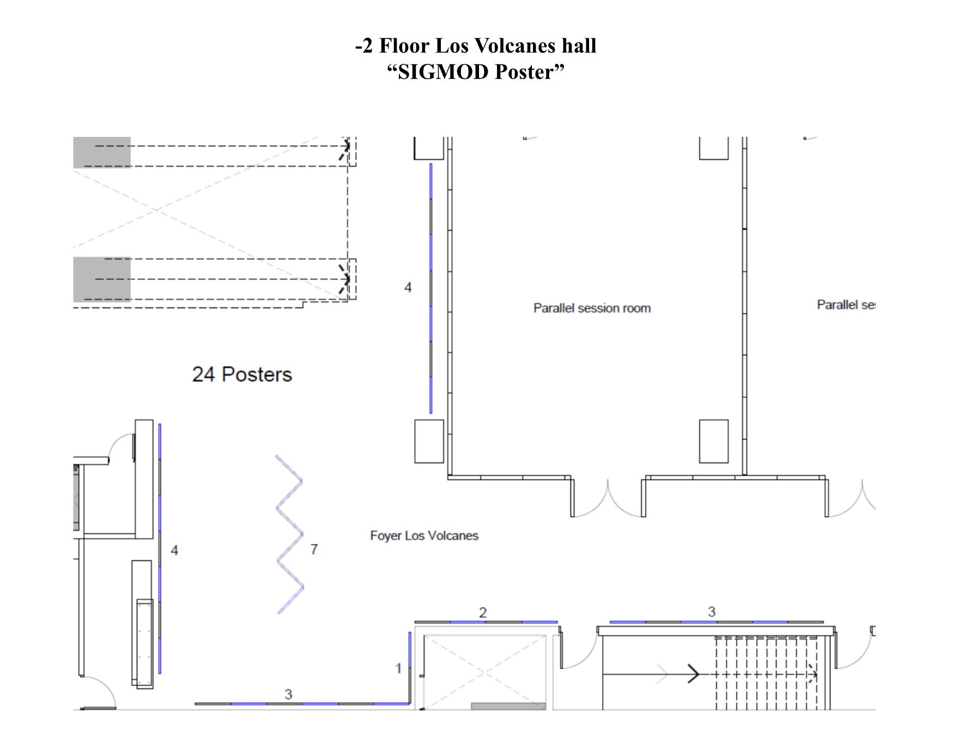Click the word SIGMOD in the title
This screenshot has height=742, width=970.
444,72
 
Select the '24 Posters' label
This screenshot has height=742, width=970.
242,375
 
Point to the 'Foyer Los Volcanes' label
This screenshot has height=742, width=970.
424,536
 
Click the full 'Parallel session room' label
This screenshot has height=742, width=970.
592,308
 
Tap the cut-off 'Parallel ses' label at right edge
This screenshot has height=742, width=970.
846,305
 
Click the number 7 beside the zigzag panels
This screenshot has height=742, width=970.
314,550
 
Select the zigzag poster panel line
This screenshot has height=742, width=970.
290,534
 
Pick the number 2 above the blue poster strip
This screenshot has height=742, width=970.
483,613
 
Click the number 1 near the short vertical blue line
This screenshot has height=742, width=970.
398,668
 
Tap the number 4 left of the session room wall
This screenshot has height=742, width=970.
408,287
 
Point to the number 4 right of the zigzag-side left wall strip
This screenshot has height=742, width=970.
174,550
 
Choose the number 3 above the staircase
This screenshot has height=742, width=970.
712,612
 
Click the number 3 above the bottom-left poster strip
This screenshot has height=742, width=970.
288,694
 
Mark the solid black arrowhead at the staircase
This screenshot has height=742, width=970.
693,674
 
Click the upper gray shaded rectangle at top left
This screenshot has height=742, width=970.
102,152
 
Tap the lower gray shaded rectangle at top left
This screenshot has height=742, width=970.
102,279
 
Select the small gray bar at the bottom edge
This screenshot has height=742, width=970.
508,706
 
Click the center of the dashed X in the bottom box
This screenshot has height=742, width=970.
484,673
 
